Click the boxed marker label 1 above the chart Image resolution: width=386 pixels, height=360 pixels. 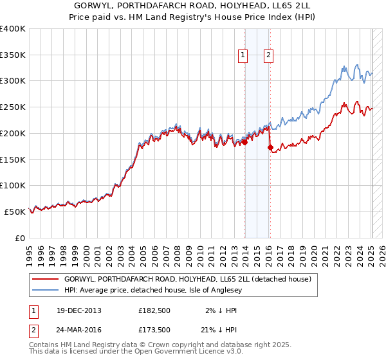pos(243,55)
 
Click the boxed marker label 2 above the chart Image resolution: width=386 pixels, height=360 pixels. pos(268,55)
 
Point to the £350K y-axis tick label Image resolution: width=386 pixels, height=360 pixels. pos(13,55)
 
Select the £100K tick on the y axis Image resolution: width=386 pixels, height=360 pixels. pos(13,185)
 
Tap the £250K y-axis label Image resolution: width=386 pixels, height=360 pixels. pos(13,107)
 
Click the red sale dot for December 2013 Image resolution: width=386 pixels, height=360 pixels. pos(245,143)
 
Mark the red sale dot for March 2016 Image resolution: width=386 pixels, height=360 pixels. pos(270,147)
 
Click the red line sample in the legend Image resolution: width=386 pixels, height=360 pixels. pos(46,279)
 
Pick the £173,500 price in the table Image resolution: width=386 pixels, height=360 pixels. pos(154,330)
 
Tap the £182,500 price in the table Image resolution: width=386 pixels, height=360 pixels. pos(154,310)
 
